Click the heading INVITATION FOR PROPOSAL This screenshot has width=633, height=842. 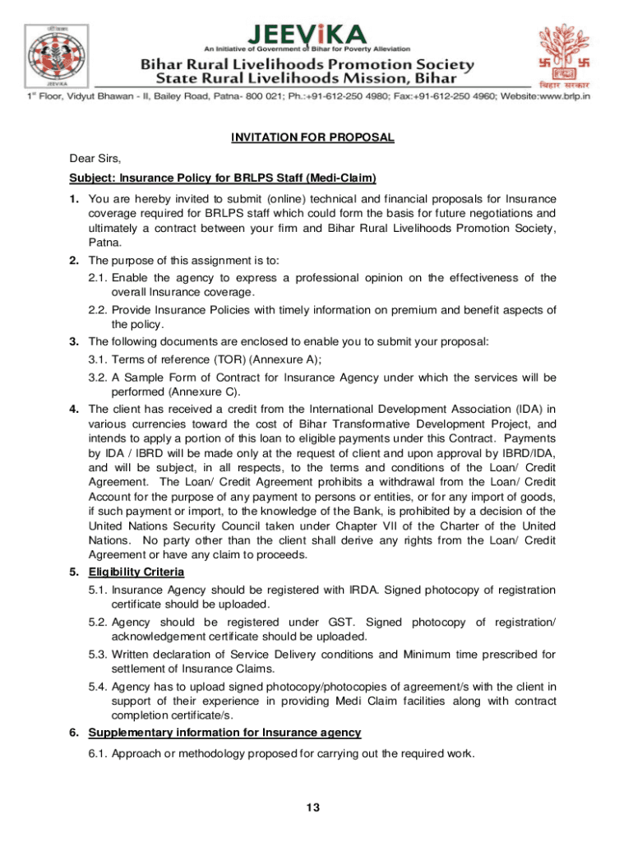click(x=312, y=138)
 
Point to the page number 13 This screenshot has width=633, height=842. click(x=312, y=808)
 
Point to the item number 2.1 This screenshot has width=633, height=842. click(x=98, y=278)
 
